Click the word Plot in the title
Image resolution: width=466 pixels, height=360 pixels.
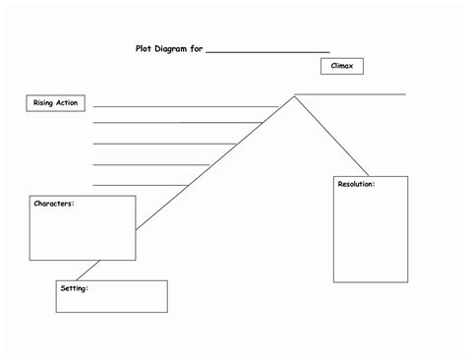tap(144, 49)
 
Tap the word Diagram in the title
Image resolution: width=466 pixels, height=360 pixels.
tap(170, 49)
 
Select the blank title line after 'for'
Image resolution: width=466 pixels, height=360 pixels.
tap(267, 52)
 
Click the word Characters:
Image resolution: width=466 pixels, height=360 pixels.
tap(54, 204)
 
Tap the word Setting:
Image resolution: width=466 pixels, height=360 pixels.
tap(75, 288)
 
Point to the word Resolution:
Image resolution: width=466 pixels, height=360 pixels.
tap(356, 184)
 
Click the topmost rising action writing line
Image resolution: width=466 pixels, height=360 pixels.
tap(186, 106)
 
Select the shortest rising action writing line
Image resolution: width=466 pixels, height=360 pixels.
tap(141, 185)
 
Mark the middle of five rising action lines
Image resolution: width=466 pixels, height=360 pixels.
tap(164, 144)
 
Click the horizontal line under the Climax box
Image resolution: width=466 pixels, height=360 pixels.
tap(350, 94)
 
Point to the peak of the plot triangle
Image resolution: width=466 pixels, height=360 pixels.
tap(294, 96)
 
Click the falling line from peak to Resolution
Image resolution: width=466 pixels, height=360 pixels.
tap(331, 136)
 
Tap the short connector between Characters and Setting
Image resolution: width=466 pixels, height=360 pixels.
tap(87, 270)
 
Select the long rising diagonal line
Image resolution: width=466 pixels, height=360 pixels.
tap(215, 163)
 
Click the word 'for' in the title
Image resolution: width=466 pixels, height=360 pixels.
tap(197, 49)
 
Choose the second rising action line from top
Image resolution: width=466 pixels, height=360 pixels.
tap(178, 123)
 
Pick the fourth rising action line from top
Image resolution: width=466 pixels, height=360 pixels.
tap(151, 164)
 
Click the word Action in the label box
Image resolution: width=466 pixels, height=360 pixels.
tap(67, 103)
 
